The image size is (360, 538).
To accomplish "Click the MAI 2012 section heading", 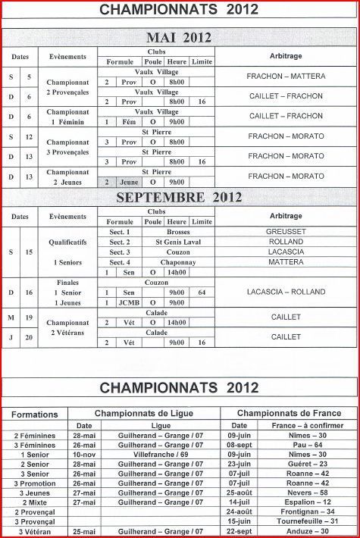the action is click(179, 38).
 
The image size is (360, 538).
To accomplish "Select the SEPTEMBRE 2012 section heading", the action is click(179, 198).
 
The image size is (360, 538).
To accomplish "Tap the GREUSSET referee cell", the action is click(285, 231).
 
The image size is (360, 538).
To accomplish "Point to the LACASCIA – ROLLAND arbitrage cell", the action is click(286, 292).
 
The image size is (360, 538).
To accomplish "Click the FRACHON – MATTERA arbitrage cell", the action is click(286, 77).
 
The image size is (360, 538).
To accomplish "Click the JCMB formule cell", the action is click(130, 302).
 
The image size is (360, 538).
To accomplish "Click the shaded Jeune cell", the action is click(130, 182).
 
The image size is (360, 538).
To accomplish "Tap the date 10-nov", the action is click(83, 454).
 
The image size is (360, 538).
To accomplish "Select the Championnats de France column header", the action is click(289, 413).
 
